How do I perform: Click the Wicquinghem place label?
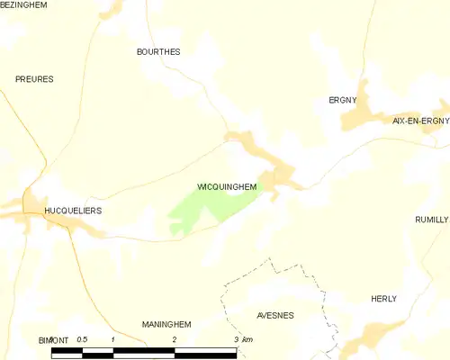227,187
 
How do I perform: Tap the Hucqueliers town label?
73,211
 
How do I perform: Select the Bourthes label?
157,52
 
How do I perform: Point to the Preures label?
34,79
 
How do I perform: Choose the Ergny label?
342,101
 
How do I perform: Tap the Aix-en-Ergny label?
420,120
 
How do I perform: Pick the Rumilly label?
431,220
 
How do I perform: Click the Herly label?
383,299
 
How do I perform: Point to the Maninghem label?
166,323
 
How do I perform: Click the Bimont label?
53,340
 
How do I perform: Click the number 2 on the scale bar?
174,339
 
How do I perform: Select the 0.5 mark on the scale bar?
82,338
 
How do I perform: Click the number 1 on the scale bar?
112,339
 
